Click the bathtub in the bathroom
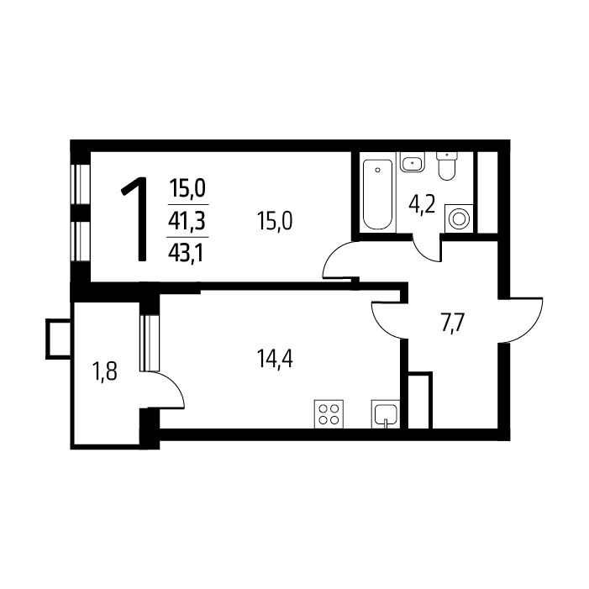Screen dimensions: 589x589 377,193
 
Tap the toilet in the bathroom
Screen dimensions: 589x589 447,166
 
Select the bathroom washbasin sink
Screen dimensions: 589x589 412,162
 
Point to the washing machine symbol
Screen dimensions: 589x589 459,218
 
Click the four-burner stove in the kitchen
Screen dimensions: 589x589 329,414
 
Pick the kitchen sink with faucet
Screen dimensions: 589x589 386,414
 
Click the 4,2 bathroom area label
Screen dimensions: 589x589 422,205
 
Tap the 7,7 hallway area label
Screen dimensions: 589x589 453,323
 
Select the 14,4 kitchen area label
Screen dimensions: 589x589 275,359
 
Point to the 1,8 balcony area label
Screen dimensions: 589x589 105,372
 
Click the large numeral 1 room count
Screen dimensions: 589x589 135,219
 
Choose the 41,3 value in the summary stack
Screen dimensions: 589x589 187,221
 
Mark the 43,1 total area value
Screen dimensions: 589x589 186,254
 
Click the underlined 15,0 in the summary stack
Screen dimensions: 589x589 187,188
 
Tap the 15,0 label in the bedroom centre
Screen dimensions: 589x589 275,221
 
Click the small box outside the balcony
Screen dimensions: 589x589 58,339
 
